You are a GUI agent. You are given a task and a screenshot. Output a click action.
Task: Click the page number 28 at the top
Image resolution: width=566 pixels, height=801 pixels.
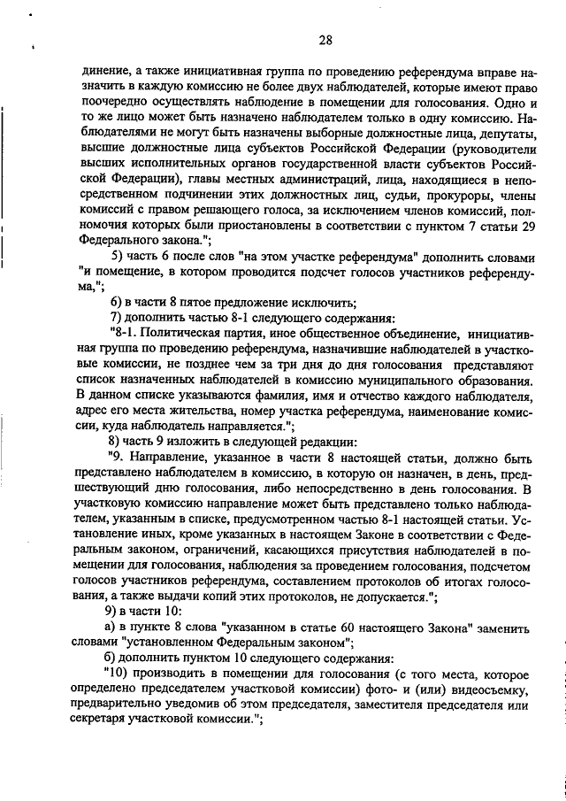pyautogui.click(x=325, y=40)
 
